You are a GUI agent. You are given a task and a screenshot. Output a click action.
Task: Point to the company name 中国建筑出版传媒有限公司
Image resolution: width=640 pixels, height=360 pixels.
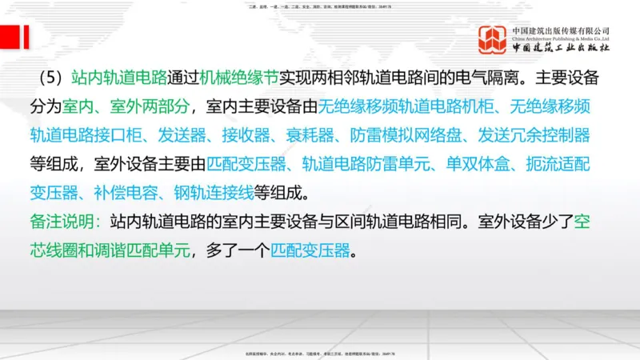[x=562, y=30]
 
